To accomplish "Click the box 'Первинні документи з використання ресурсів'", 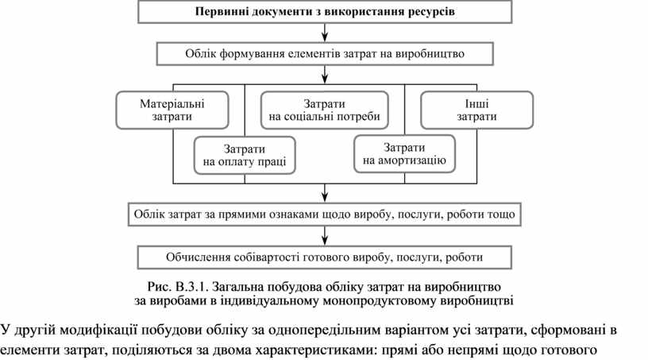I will coord(325,13).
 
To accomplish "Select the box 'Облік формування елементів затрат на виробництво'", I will coord(325,54).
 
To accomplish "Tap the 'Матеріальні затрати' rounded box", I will coord(172,110).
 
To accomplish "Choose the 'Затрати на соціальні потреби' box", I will coord(324,110).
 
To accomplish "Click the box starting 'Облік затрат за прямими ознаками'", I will coord(325,215).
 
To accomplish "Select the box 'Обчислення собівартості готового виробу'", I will coord(325,257).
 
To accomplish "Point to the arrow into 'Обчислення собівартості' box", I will coord(326,238).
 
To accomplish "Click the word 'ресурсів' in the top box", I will coord(434,13).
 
